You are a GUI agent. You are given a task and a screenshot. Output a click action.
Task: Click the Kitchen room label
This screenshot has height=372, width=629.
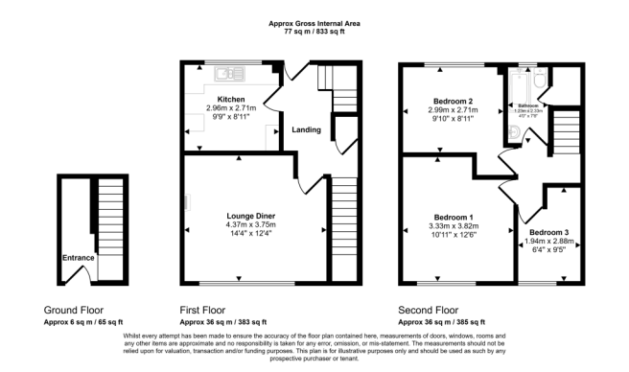[230, 100]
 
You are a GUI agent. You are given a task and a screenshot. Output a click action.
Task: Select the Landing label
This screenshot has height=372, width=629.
[307, 130]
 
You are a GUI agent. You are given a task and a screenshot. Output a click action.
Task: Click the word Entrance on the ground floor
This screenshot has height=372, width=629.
[79, 258]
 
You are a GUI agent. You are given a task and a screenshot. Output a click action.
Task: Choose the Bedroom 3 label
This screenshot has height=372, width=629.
[547, 233]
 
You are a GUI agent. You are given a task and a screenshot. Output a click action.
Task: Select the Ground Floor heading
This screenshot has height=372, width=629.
[73, 311]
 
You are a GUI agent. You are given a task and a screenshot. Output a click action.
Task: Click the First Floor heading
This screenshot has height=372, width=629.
[209, 311]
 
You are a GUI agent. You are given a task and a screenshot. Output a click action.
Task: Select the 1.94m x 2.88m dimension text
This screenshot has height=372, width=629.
[547, 243]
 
